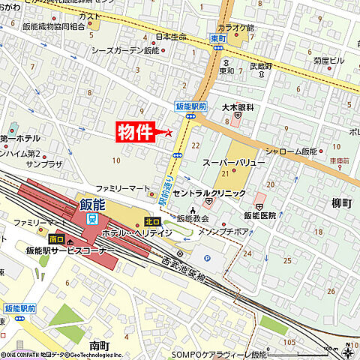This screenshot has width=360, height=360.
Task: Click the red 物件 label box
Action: (x=136, y=132)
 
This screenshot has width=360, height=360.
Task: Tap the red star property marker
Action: (x=167, y=133)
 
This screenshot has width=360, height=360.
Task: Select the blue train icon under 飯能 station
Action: (x=91, y=218)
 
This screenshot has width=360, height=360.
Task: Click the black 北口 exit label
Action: (x=152, y=221)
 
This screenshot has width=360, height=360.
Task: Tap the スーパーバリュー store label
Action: (x=233, y=162)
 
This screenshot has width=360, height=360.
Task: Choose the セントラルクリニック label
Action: (x=209, y=193)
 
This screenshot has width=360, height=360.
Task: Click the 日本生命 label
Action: (x=170, y=36)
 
